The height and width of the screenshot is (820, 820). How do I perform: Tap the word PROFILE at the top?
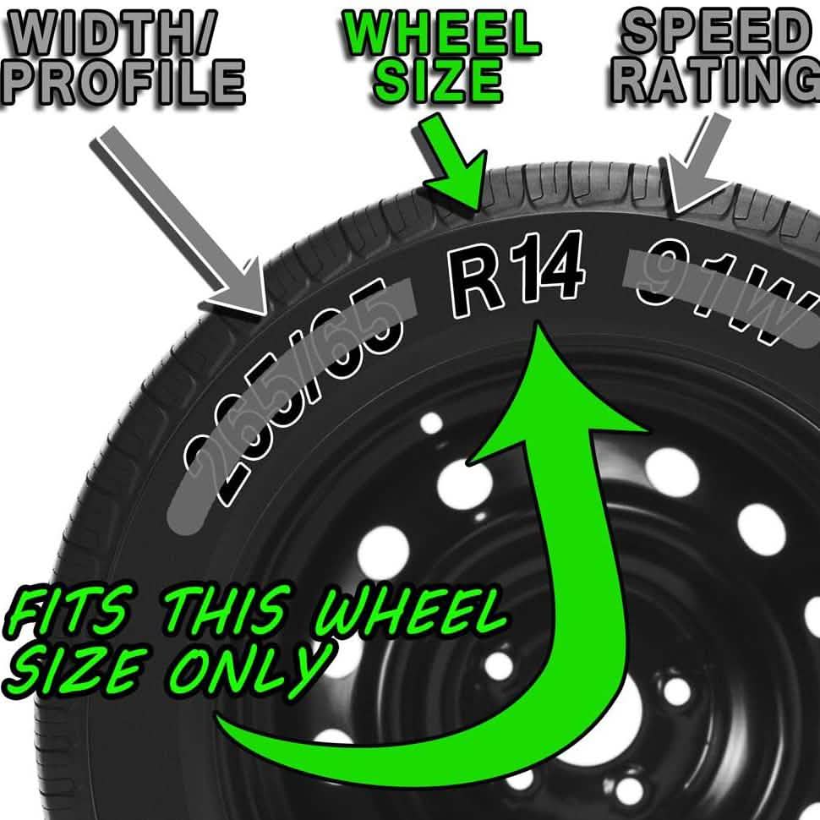(123, 82)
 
